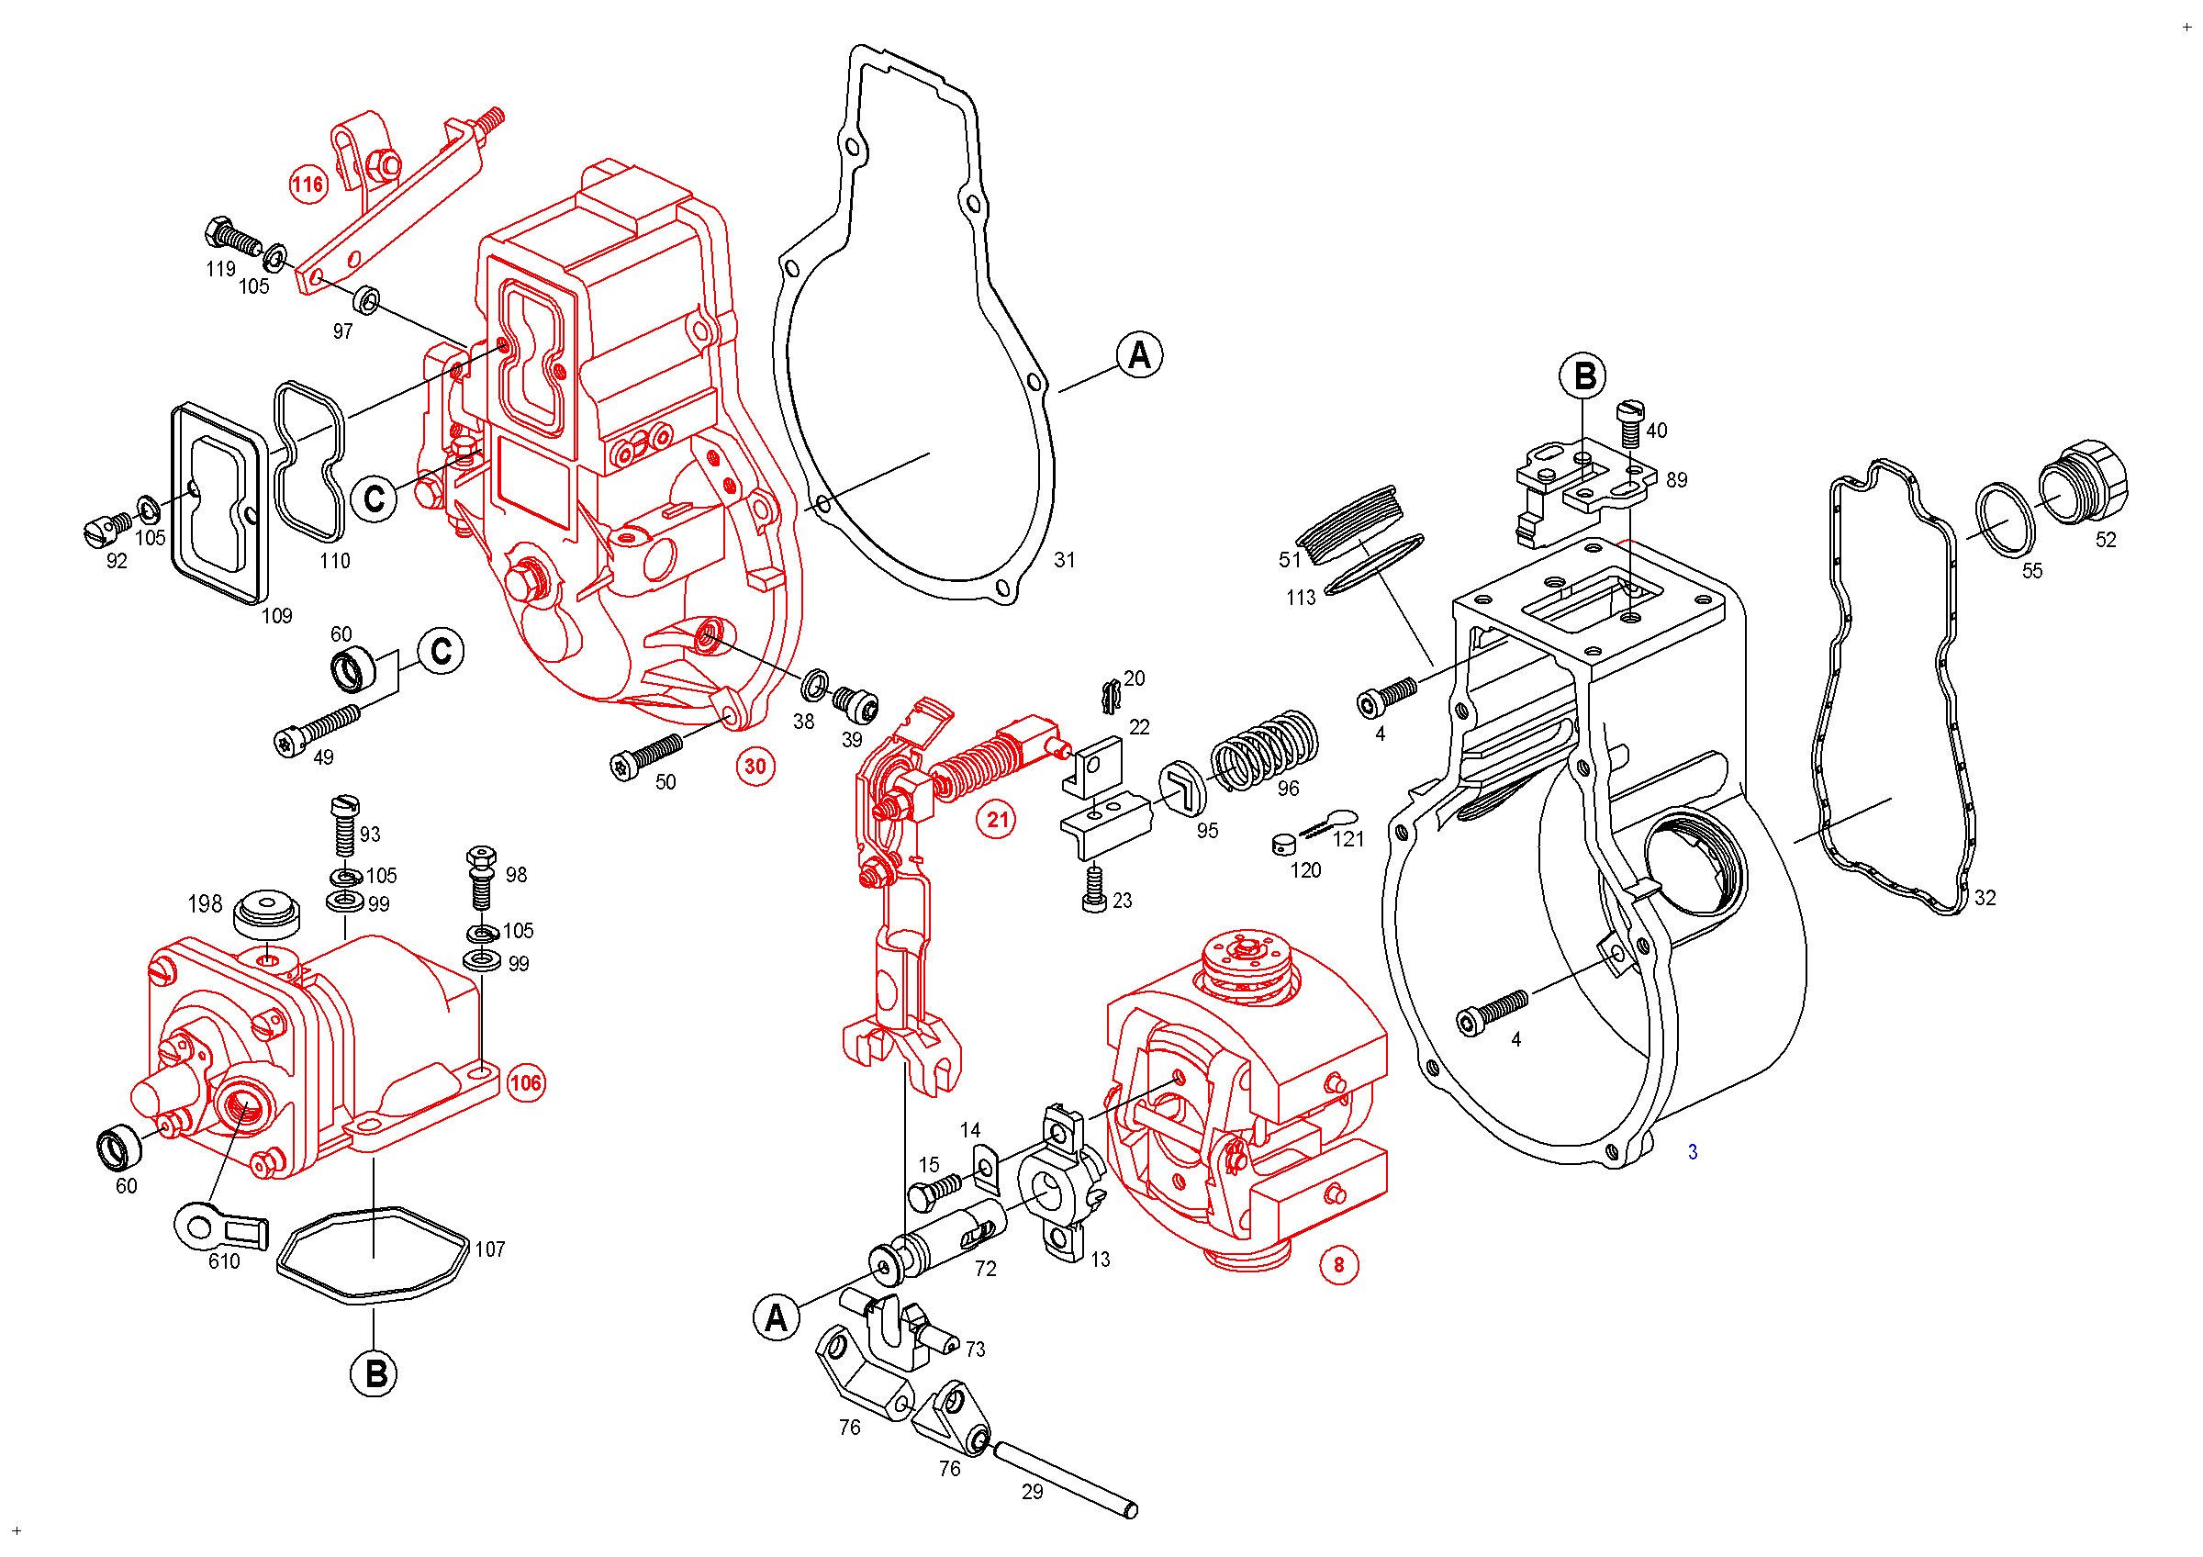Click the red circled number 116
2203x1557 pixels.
(308, 185)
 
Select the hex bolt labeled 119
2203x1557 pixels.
(233, 235)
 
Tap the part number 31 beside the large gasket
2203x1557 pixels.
(1065, 559)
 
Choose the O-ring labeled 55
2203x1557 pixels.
(2006, 520)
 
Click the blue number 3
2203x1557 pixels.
(1693, 1151)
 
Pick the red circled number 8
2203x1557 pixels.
(1339, 1264)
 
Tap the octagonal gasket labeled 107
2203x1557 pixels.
(375, 1255)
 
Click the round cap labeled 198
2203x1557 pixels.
(267, 913)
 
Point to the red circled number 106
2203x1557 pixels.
(526, 1083)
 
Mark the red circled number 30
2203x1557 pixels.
(756, 767)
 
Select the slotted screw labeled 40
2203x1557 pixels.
(1631, 424)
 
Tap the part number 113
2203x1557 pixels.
(1301, 598)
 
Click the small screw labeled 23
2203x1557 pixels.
(1094, 889)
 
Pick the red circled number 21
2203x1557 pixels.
(999, 819)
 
